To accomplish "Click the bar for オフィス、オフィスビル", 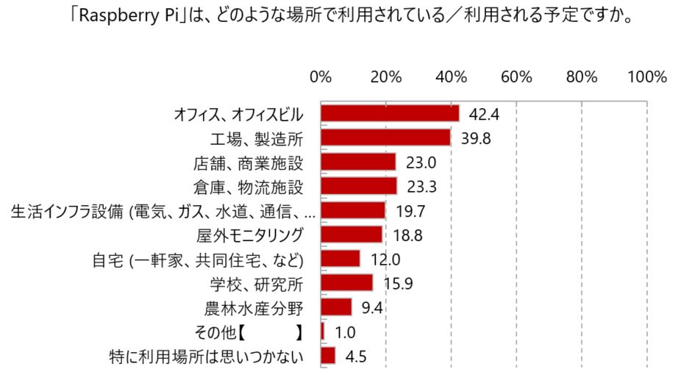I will [x=390, y=113].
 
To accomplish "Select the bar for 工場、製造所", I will [x=385, y=137].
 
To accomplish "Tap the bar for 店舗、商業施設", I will [x=358, y=162].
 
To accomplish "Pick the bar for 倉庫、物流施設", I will [x=359, y=186].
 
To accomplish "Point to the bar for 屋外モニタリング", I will [x=352, y=235].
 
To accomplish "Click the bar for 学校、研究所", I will [x=347, y=283].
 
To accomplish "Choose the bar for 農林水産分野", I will [x=336, y=307].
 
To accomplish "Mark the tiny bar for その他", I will [x=322, y=332].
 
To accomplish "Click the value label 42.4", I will [x=485, y=115].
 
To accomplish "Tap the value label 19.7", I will [x=411, y=212].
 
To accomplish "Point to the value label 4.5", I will [x=356, y=357].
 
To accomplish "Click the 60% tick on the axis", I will [x=516, y=76].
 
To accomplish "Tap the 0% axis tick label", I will [x=321, y=76].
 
